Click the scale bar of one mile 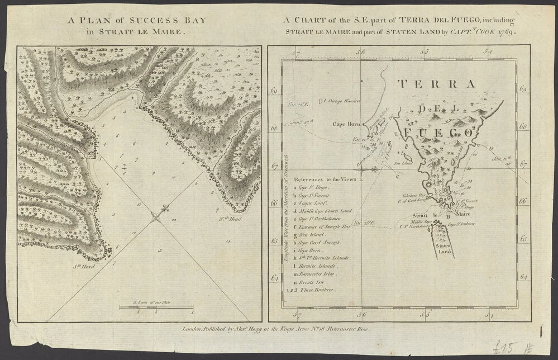pyautogui.click(x=156, y=307)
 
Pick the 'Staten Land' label pyautogui.click(x=445, y=249)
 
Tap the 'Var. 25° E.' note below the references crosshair pyautogui.click(x=365, y=223)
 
